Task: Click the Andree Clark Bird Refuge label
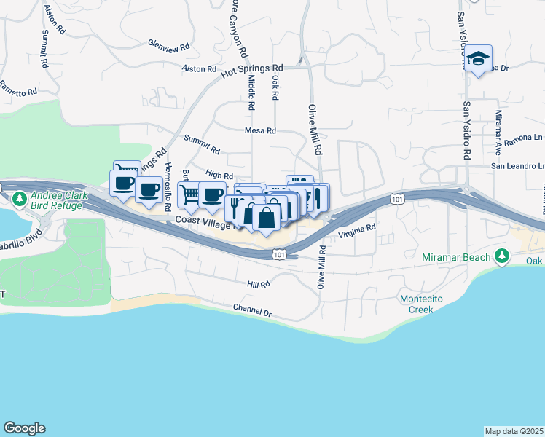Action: pyautogui.click(x=59, y=201)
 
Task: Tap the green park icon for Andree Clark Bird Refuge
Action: pyautogui.click(x=20, y=198)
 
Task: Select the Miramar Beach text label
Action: pyautogui.click(x=455, y=257)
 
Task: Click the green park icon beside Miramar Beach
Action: pyautogui.click(x=501, y=256)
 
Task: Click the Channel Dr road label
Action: pyautogui.click(x=252, y=312)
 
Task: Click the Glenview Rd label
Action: pyautogui.click(x=168, y=44)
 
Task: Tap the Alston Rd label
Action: pyautogui.click(x=199, y=69)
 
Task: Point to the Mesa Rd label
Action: pyautogui.click(x=260, y=131)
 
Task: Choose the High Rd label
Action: pyautogui.click(x=219, y=175)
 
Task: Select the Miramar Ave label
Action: pyautogui.click(x=498, y=127)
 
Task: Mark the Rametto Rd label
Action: pyautogui.click(x=17, y=92)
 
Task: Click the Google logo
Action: pyautogui.click(x=24, y=428)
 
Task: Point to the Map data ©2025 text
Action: pyautogui.click(x=514, y=431)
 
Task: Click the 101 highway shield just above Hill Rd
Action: pyautogui.click(x=278, y=254)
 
